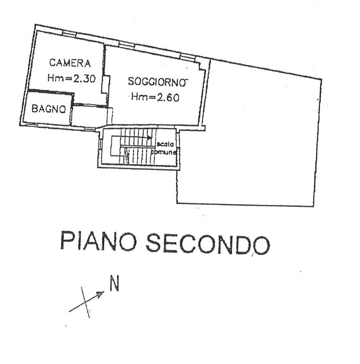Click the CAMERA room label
(x=70, y=63)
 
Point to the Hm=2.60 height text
(x=155, y=97)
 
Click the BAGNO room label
(x=48, y=109)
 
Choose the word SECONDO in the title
(x=207, y=243)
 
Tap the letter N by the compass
(x=114, y=284)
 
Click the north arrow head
(x=100, y=295)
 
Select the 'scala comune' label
(x=164, y=148)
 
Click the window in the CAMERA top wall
(x=69, y=33)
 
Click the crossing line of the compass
(x=85, y=301)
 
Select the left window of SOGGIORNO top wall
(x=126, y=45)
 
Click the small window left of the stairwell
(x=100, y=144)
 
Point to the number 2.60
(x=166, y=97)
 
